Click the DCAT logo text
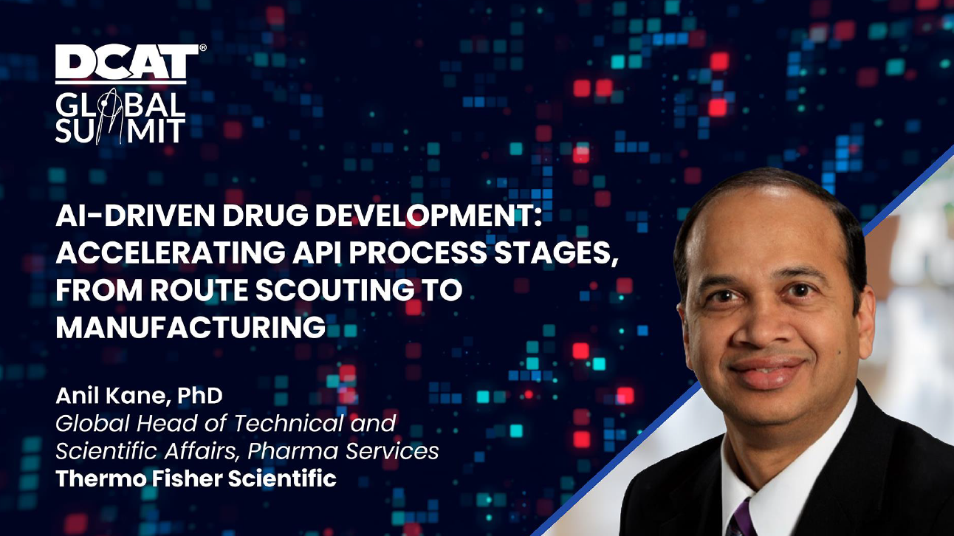tap(127, 62)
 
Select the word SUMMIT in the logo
tap(120, 130)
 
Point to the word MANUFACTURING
tap(191, 327)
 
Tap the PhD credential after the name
tap(200, 396)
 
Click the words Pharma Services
tap(343, 451)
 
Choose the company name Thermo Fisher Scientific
tap(196, 478)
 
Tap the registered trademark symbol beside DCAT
tap(203, 48)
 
